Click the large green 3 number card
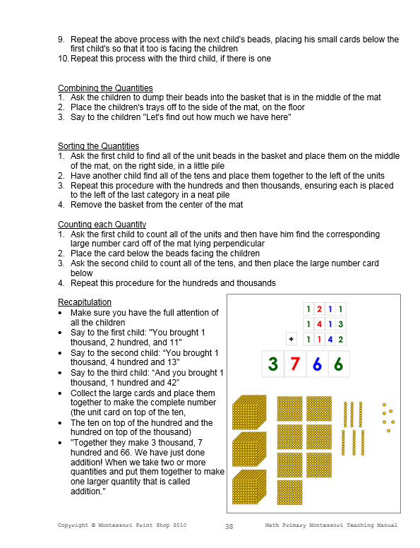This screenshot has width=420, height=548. pos(273,364)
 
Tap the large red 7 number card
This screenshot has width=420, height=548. pos(296,364)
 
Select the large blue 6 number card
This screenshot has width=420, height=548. pos(318,364)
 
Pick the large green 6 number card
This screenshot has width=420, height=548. pos(339,364)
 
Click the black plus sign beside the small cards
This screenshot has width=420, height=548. pos(291,339)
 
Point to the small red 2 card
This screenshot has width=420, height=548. pos(319,309)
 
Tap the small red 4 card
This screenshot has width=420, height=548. pos(319,324)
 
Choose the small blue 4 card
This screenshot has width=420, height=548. pos(330,339)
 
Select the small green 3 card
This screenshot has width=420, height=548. pos(341,324)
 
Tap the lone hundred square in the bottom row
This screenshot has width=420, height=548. pos(289,492)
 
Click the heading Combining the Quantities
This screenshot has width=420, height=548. pos(105,88)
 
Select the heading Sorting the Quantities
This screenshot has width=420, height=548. pos(98,146)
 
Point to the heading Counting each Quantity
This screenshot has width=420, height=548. pos(102,225)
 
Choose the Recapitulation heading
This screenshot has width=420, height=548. pos(85,302)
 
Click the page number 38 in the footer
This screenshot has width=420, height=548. pos(229,526)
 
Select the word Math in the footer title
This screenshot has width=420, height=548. pos(273,525)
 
